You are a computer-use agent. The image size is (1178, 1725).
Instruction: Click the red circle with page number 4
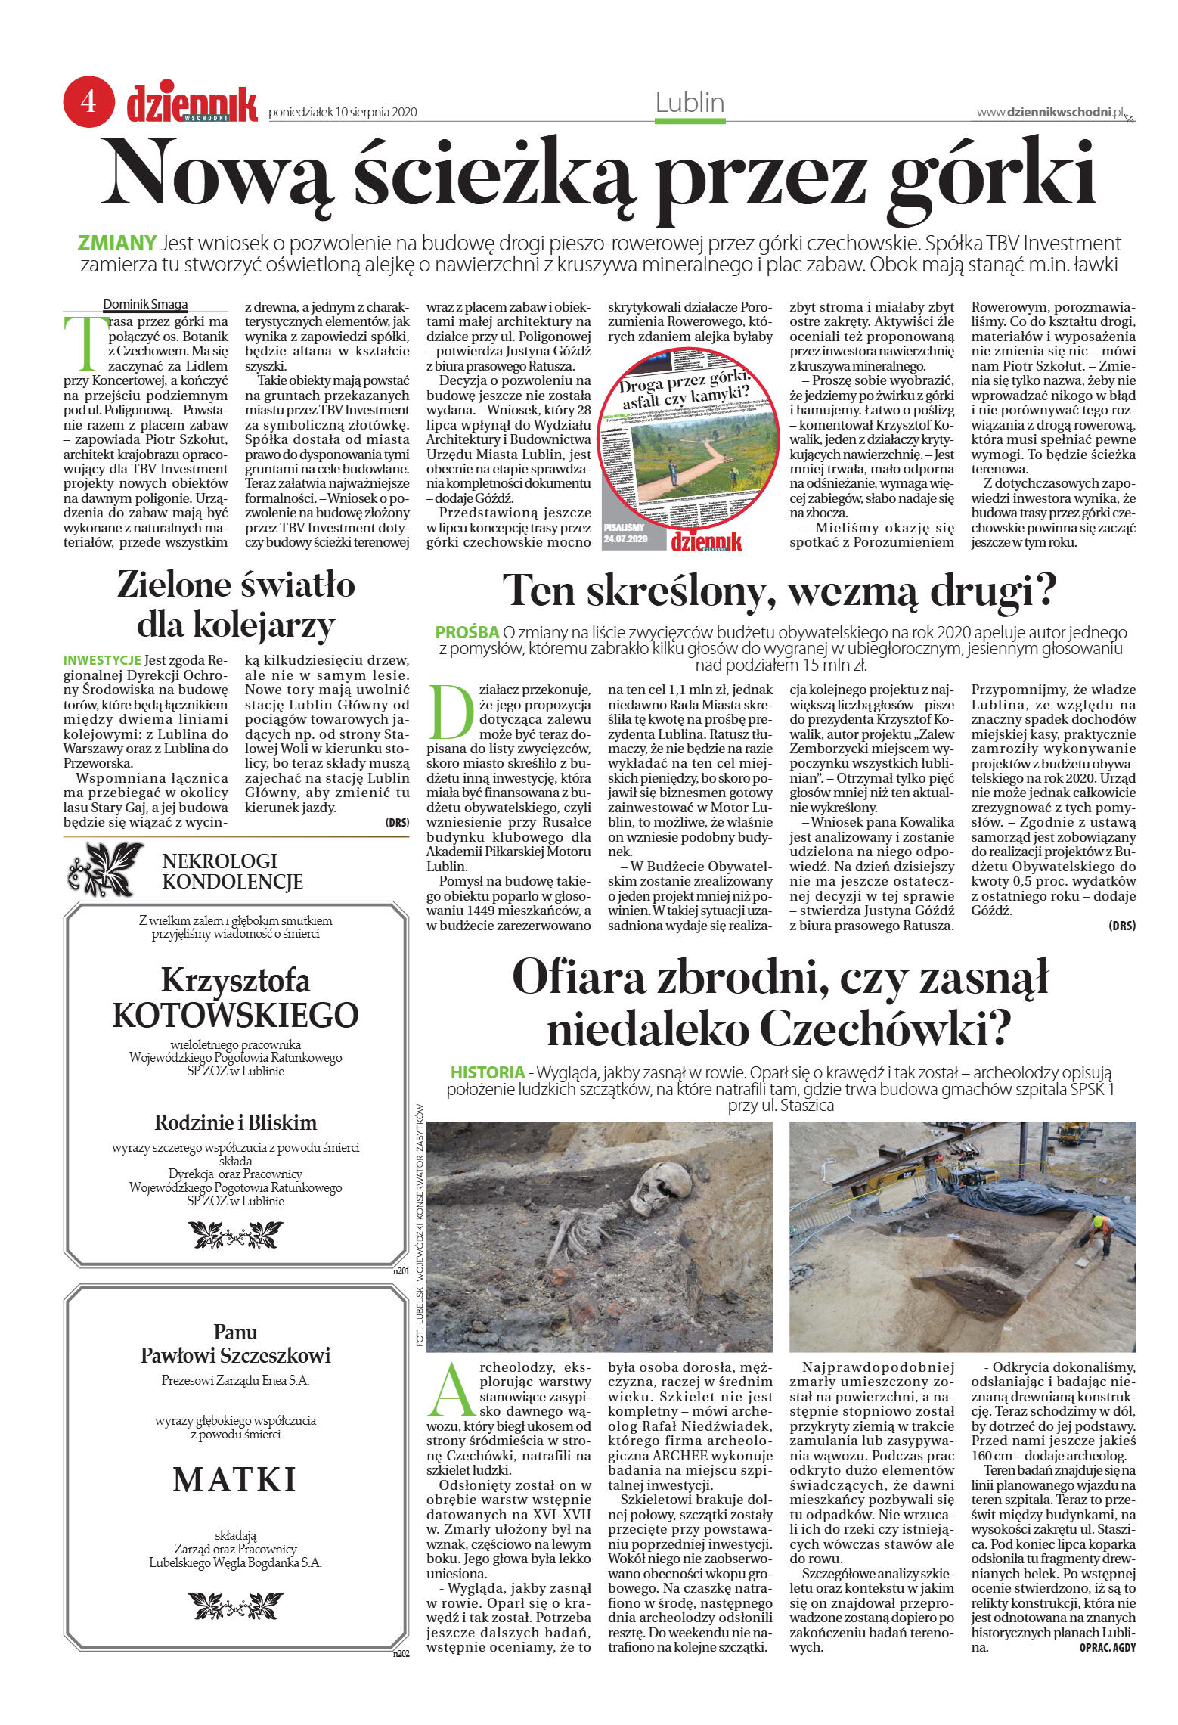click(88, 101)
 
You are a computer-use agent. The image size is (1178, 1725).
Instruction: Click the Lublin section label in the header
click(690, 103)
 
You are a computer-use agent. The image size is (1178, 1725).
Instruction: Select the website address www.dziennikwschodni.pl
click(1049, 112)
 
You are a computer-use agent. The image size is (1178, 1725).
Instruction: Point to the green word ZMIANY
click(116, 244)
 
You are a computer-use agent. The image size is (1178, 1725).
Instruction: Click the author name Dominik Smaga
click(145, 305)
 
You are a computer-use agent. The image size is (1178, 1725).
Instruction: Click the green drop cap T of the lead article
click(81, 340)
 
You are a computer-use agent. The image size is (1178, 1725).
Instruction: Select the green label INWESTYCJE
click(102, 660)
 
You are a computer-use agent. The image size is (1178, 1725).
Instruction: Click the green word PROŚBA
click(467, 632)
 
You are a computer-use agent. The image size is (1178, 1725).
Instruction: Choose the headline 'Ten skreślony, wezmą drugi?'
click(779, 591)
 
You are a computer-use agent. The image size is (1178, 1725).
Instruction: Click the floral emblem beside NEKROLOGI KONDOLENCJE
click(105, 870)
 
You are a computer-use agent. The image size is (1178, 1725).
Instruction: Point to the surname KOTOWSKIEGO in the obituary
click(235, 1015)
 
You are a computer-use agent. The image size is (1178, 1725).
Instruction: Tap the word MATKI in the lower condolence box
click(235, 1480)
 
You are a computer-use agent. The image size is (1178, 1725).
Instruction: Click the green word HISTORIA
click(487, 1072)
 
